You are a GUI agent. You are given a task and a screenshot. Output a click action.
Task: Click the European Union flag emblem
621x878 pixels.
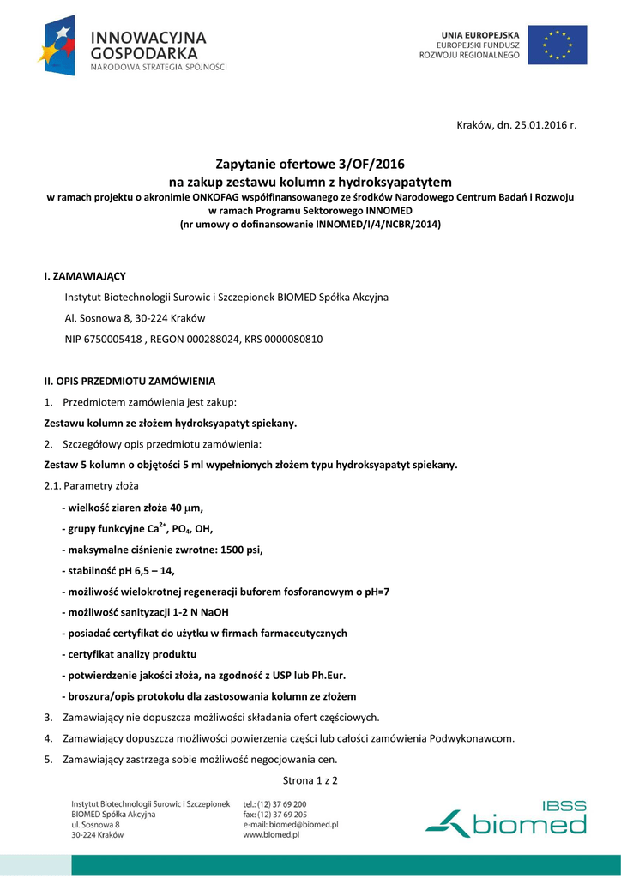tap(558, 45)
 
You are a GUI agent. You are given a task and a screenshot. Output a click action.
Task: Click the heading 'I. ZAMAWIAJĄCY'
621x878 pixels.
tap(84, 276)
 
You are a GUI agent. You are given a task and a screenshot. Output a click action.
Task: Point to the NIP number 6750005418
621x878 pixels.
tap(112, 340)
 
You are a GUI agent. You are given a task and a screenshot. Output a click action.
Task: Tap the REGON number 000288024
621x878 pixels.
tap(213, 340)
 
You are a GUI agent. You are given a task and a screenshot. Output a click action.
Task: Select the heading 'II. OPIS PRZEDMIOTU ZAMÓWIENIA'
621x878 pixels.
tap(130, 381)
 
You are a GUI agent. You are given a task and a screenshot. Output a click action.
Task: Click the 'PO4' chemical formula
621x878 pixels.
tap(183, 528)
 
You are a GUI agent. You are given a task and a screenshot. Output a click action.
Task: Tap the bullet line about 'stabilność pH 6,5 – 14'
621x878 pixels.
tap(123, 570)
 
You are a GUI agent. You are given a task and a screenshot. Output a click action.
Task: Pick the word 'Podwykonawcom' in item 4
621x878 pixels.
tap(472, 737)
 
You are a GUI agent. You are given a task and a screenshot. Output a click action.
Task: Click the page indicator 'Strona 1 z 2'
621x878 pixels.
tap(310, 779)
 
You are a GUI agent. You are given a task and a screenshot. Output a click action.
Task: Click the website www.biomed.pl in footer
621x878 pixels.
tap(271, 834)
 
